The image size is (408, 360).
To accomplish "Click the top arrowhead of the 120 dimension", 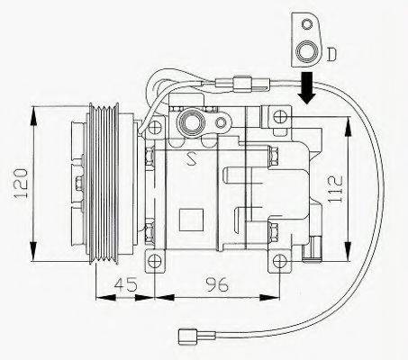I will pyautogui.click(x=34, y=112).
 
